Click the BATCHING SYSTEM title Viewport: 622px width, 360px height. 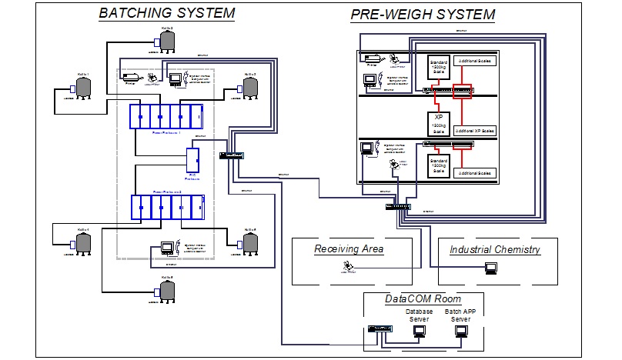[x=167, y=13]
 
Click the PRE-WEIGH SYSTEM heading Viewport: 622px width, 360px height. [x=423, y=15]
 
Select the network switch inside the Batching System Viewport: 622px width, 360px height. [x=230, y=155]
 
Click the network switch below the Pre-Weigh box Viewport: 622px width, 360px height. [x=400, y=206]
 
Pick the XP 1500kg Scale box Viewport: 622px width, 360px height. [x=438, y=122]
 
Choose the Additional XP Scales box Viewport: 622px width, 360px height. [x=476, y=130]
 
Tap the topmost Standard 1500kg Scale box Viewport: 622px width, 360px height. [x=438, y=68]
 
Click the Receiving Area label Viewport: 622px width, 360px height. [x=349, y=249]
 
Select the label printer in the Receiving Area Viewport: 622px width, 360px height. [x=350, y=267]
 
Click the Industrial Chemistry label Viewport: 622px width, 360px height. [x=494, y=249]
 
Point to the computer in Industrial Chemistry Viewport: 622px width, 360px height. [x=490, y=268]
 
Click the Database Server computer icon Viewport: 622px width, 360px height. [x=420, y=331]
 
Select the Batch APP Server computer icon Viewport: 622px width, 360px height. [x=461, y=331]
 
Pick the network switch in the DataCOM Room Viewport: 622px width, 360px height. [x=380, y=328]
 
